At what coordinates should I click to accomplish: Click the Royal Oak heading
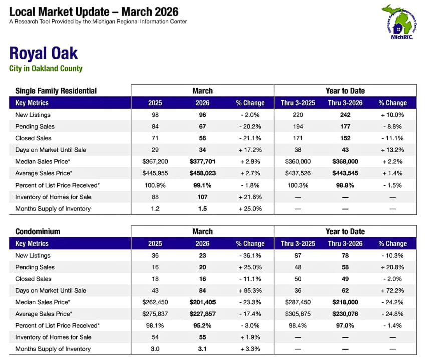[x=43, y=54]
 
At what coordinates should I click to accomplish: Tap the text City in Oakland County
[x=46, y=69]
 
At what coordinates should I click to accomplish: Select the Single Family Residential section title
[x=56, y=91]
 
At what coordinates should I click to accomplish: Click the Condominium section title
[x=38, y=232]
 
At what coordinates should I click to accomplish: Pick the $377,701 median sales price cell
[x=202, y=161]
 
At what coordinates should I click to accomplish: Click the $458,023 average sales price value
[x=202, y=173]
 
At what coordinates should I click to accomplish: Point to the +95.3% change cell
[x=250, y=290]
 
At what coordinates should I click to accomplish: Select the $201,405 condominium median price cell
[x=202, y=302]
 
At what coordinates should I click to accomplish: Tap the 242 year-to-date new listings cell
[x=344, y=115]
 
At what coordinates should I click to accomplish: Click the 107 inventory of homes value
[x=202, y=197]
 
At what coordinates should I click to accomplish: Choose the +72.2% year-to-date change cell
[x=392, y=290]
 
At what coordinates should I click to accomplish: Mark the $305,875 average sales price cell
[x=298, y=314]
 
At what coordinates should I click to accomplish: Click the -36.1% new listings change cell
[x=250, y=256]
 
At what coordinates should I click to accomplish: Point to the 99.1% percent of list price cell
[x=202, y=185]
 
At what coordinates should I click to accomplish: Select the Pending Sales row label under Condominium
[x=35, y=267]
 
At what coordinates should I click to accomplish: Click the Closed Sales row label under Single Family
[x=33, y=138]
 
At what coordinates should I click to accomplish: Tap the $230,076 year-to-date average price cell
[x=344, y=314]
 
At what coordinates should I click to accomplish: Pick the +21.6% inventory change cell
[x=250, y=197]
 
